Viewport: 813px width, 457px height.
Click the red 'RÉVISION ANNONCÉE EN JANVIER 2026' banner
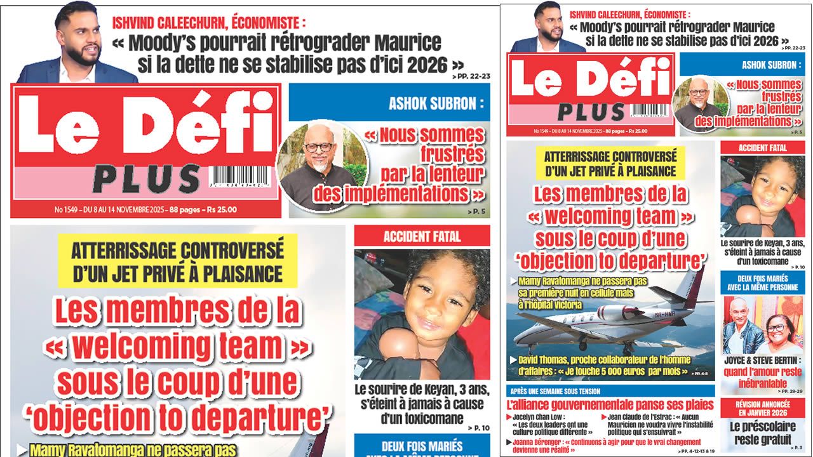(x=762, y=407)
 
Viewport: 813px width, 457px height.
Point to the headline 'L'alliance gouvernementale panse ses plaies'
(x=610, y=404)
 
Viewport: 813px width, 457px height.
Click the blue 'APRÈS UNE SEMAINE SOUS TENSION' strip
(x=554, y=391)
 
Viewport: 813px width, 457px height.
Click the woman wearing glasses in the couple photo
(x=776, y=328)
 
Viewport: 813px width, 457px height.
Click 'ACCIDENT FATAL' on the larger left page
(x=422, y=237)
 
